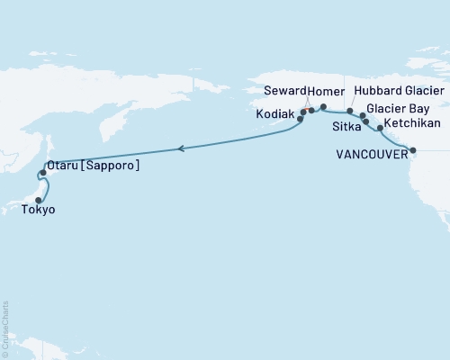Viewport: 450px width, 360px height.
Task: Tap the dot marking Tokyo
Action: pos(39,201)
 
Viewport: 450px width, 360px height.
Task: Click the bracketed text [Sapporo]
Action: pos(112,166)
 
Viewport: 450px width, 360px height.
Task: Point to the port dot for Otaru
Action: pos(42,172)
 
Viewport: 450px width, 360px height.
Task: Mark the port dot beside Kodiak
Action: pos(301,118)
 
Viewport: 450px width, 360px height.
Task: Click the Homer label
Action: pos(326,92)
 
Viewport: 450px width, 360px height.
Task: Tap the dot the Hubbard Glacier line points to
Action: pos(350,111)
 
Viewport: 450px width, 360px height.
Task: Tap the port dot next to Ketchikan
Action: pos(380,128)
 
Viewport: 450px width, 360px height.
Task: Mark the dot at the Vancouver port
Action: pos(412,150)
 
